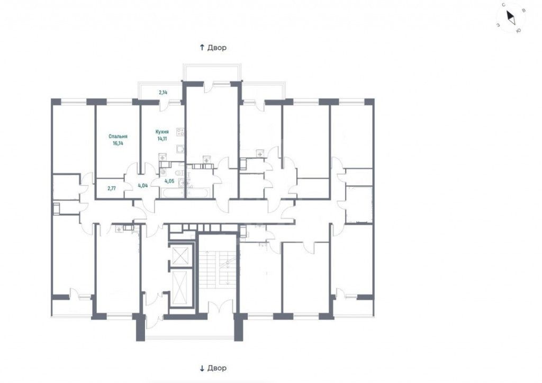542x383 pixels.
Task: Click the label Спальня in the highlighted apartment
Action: pos(118,136)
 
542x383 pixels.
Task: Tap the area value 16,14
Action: pos(118,142)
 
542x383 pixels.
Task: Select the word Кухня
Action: pos(162,132)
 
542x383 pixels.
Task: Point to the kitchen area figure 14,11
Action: pos(162,138)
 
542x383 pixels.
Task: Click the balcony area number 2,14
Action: pos(163,92)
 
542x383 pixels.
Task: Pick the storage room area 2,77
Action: pos(111,189)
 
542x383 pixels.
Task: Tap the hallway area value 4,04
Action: pos(143,185)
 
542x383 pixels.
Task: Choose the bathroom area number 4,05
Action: pos(169,181)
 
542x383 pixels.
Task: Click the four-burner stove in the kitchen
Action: pos(180,131)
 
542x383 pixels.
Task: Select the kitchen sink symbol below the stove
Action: pos(180,149)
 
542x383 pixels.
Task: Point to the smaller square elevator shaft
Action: pos(180,256)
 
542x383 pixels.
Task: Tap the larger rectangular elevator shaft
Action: pos(180,287)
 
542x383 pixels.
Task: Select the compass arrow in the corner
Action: pos(511,17)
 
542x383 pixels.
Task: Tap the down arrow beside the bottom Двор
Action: pos(202,368)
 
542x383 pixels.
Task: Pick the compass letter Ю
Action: pos(518,31)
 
